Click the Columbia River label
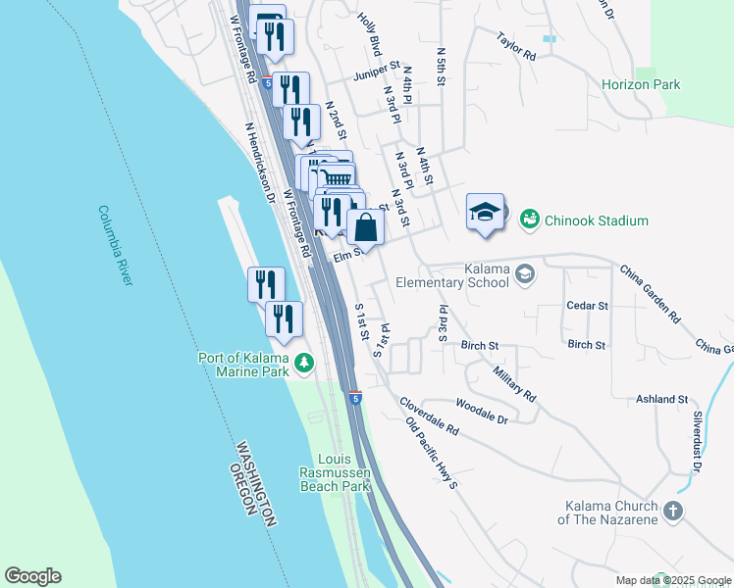point(115,245)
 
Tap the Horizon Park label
point(641,85)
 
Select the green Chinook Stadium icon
point(529,220)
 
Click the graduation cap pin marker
point(485,213)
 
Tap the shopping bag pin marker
point(365,227)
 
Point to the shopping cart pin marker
point(337,177)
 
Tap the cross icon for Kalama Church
point(672,511)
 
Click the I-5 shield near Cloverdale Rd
point(355,398)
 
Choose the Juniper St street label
point(377,72)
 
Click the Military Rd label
point(515,381)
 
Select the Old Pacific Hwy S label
point(432,453)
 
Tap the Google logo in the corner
point(32,576)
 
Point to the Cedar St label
point(588,306)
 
